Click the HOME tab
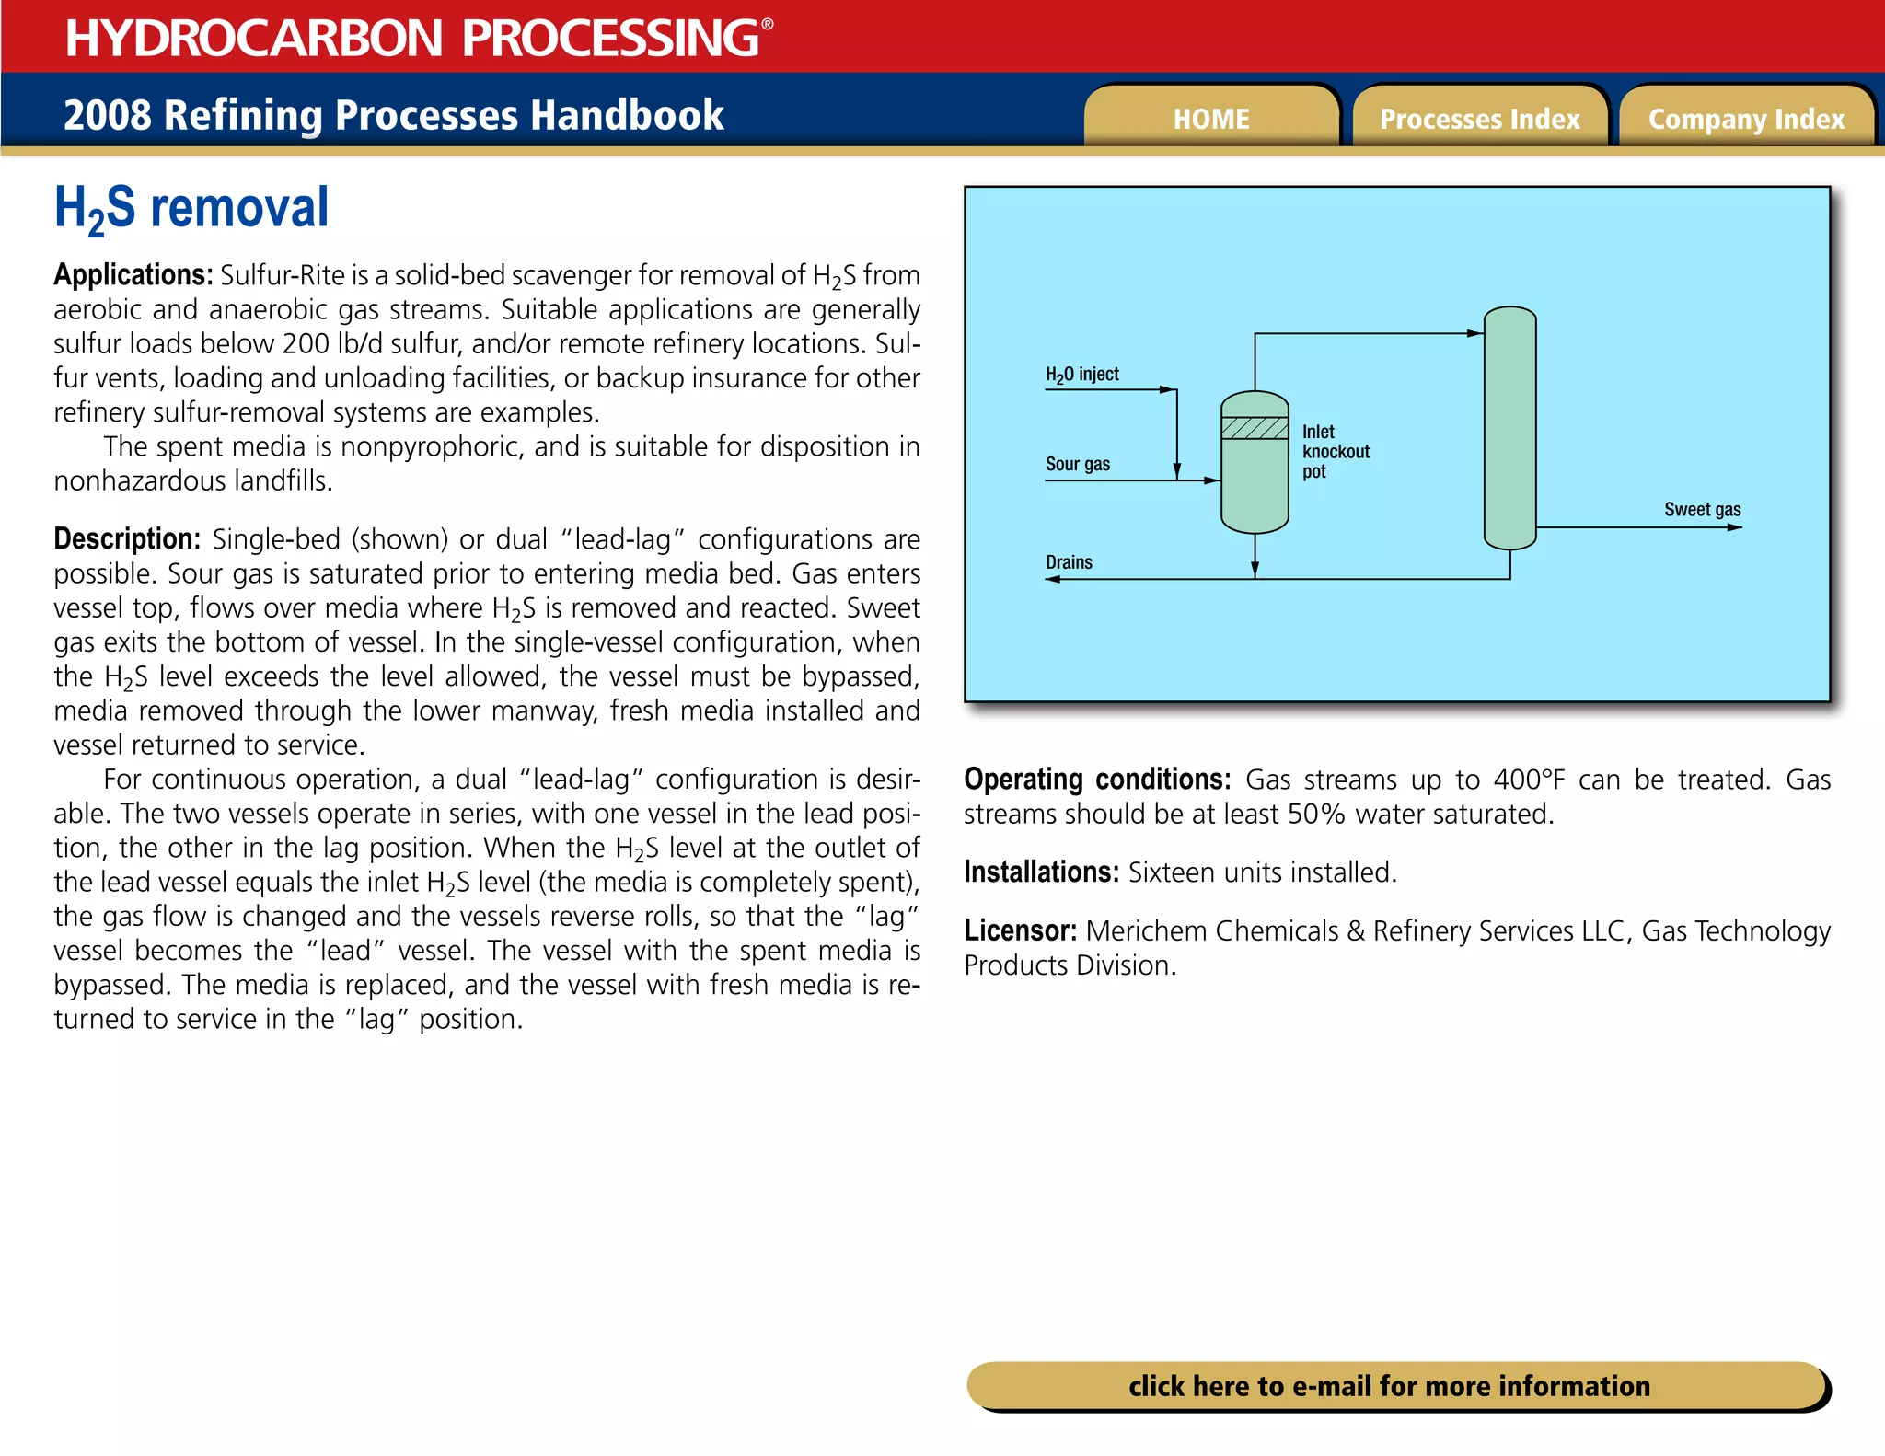[x=1211, y=119]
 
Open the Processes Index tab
[x=1479, y=119]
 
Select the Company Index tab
[x=1746, y=119]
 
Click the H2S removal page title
[x=191, y=208]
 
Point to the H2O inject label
[x=1082, y=375]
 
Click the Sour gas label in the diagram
[x=1078, y=464]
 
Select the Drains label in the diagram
[x=1069, y=562]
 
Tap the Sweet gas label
[x=1702, y=510]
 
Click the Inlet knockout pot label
[x=1335, y=452]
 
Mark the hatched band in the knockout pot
[x=1255, y=428]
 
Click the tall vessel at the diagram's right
[x=1509, y=429]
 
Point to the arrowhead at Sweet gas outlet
[x=1734, y=527]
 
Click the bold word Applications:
[x=133, y=275]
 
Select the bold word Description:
[x=127, y=539]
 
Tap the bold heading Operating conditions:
[x=1096, y=780]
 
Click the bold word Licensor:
[x=1020, y=930]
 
